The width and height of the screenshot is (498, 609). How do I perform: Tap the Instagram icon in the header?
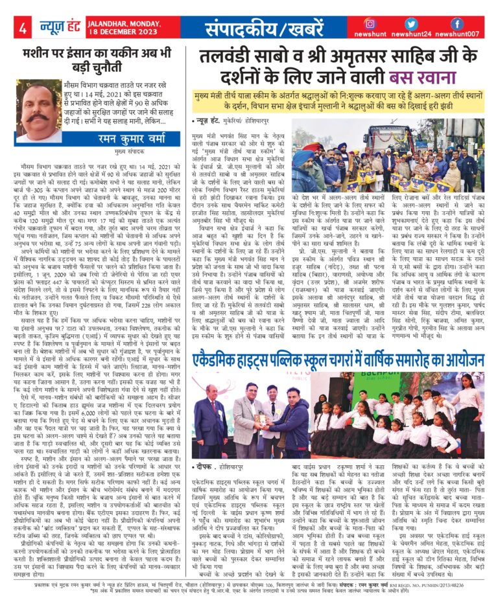tap(370, 24)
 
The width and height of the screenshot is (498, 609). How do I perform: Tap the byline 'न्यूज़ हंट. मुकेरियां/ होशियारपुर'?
tap(235, 121)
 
